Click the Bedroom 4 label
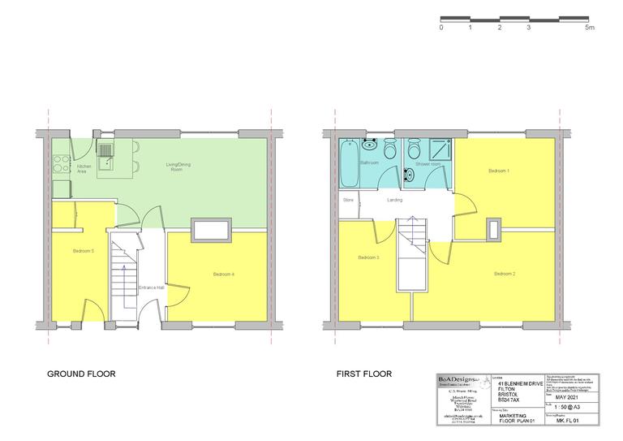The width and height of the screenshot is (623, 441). tap(224, 275)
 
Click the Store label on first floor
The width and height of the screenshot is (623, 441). tap(348, 199)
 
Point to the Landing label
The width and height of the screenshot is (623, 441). tap(395, 199)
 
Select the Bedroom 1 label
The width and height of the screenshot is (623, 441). tap(498, 171)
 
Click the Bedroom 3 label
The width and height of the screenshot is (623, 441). tap(368, 258)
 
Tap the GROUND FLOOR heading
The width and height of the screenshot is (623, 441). tap(81, 374)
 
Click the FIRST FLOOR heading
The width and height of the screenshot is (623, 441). tap(364, 374)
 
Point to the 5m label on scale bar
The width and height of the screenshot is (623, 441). tap(589, 28)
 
